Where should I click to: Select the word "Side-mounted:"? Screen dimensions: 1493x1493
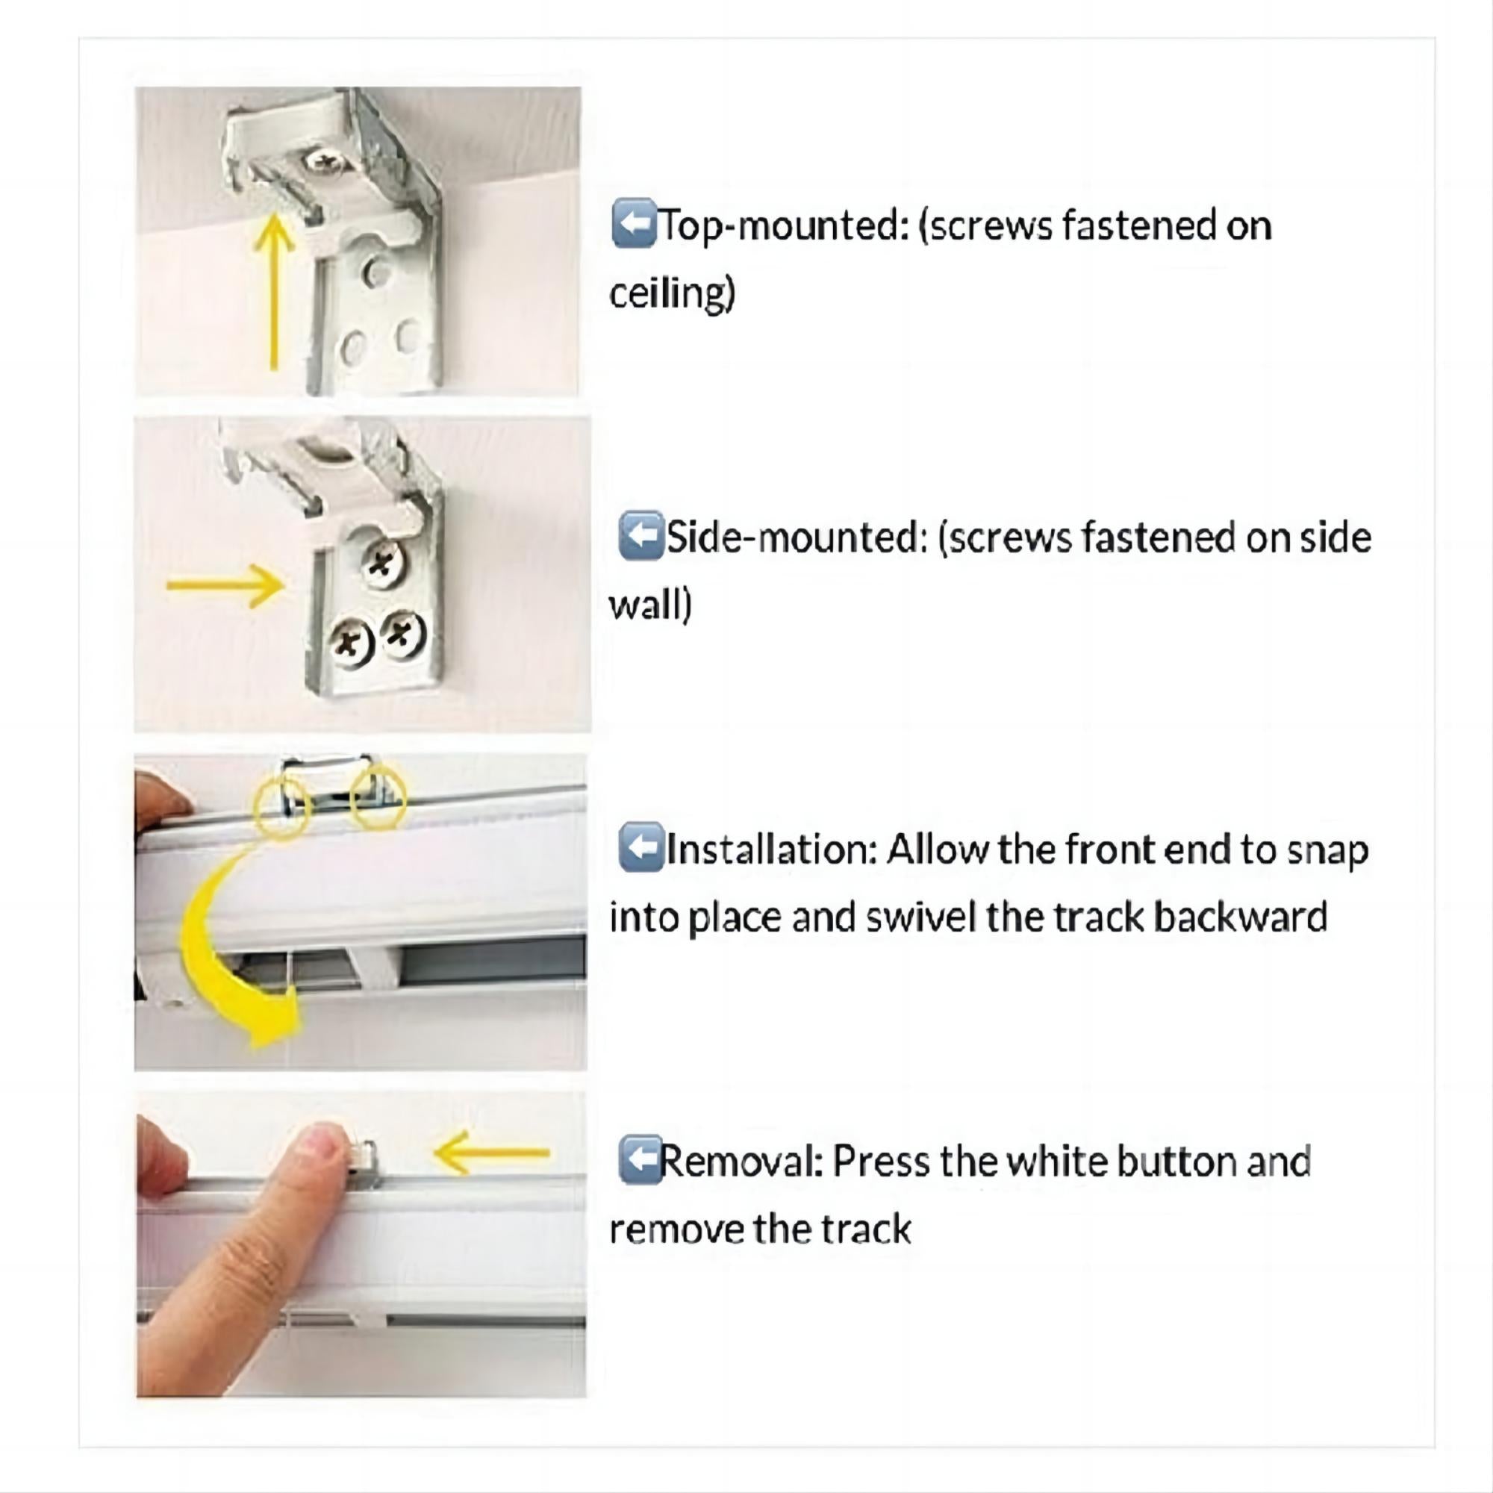(796, 537)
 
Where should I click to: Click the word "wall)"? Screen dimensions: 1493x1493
(650, 605)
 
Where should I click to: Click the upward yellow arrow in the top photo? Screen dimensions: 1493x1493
(273, 292)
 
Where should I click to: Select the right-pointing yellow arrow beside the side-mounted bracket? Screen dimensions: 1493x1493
(225, 585)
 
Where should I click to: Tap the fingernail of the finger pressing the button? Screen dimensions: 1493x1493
(323, 1142)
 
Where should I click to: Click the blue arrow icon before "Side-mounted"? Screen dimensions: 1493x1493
(641, 534)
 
